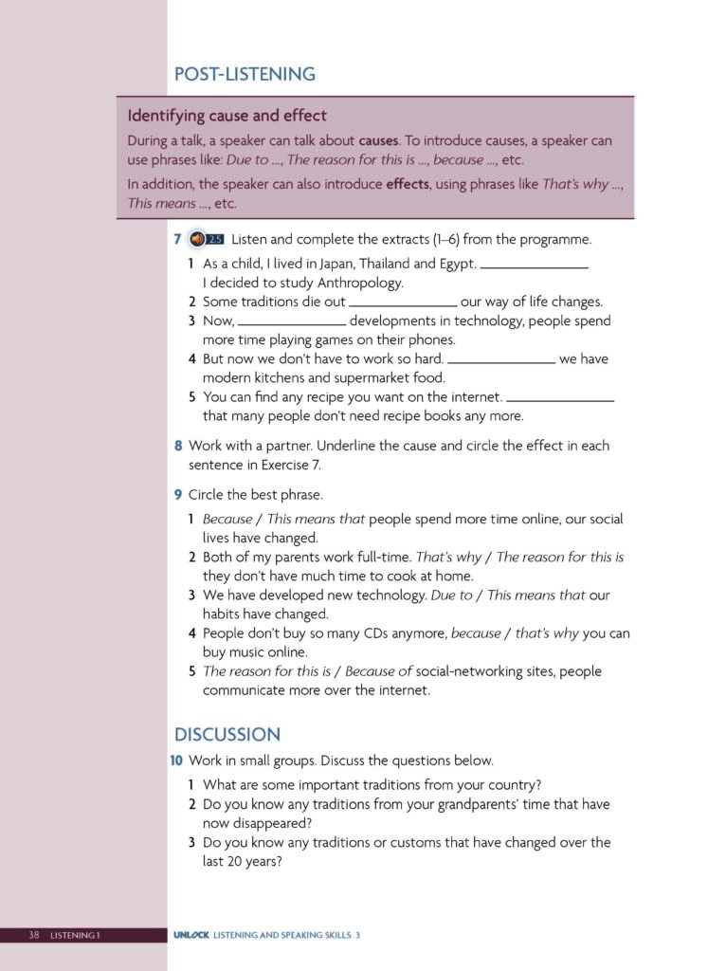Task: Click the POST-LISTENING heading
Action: pyautogui.click(x=245, y=74)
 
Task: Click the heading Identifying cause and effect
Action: pyautogui.click(x=227, y=116)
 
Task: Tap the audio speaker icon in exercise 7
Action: pyautogui.click(x=196, y=239)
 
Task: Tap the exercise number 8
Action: pyautogui.click(x=178, y=446)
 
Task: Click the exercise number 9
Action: pyautogui.click(x=178, y=495)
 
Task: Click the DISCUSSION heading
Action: pyautogui.click(x=227, y=735)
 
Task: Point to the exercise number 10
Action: pyautogui.click(x=176, y=760)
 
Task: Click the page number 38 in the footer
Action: pyautogui.click(x=33, y=936)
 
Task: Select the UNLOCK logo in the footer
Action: pyautogui.click(x=191, y=936)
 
